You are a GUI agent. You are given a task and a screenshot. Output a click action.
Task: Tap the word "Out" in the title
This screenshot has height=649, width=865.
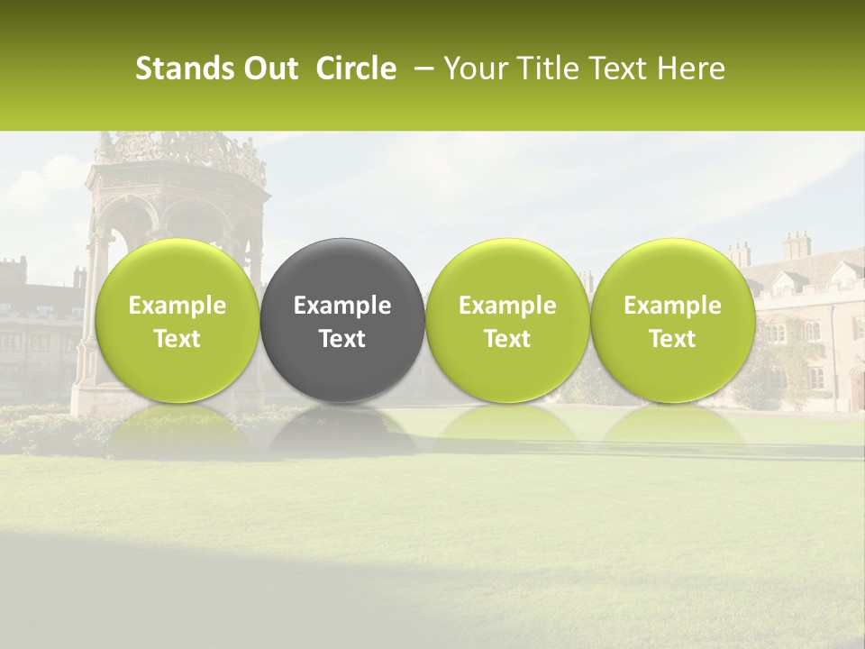coord(269,69)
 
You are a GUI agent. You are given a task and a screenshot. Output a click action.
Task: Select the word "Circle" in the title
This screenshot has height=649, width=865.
coord(356,69)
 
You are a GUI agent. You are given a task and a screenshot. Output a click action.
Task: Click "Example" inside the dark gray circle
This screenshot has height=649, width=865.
coord(342,306)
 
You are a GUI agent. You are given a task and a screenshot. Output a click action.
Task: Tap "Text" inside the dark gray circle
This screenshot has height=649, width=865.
coord(342,339)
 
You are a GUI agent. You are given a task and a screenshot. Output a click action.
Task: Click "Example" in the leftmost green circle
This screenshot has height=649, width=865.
coord(177,306)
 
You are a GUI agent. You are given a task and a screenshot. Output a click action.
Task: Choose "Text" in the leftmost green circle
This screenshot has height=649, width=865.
coord(177,339)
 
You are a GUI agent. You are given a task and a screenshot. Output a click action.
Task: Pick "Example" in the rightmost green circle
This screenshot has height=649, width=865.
coord(672,306)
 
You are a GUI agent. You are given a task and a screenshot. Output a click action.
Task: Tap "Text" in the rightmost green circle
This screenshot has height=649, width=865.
coord(672,339)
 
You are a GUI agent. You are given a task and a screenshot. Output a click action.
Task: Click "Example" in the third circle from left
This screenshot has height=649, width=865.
coord(507,306)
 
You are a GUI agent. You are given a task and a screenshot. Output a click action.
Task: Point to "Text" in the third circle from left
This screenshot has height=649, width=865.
coord(507,339)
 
